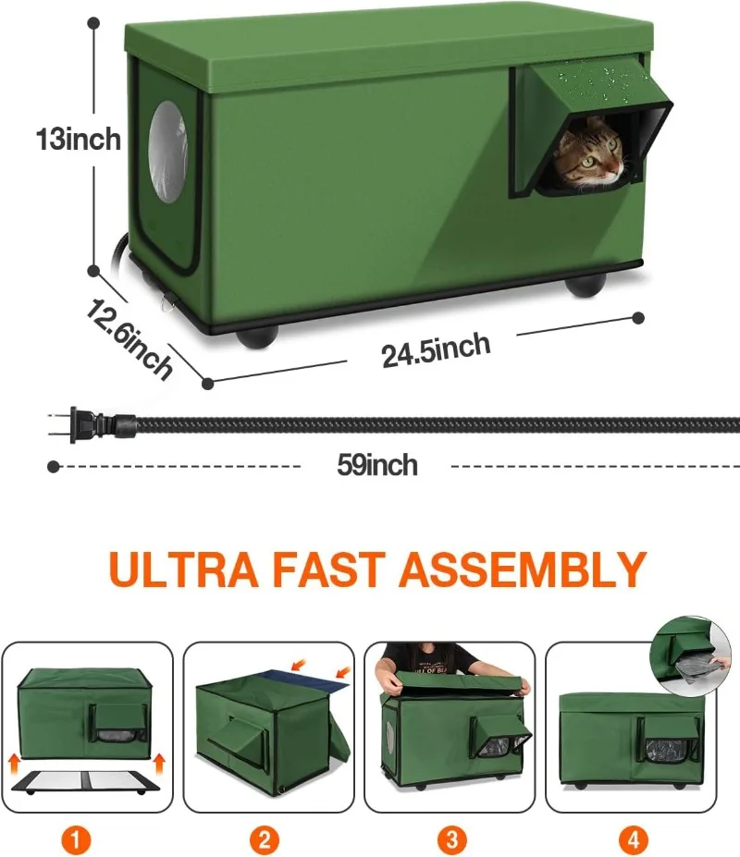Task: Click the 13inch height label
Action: (x=79, y=140)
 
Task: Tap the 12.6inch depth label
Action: (x=129, y=338)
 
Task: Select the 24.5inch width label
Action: (x=436, y=349)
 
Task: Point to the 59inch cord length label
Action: (x=376, y=465)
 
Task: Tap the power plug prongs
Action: (x=61, y=424)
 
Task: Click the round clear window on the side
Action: (x=168, y=152)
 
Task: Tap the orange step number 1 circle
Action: (x=76, y=839)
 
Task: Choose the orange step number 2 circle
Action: (x=265, y=839)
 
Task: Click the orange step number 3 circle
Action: (x=451, y=839)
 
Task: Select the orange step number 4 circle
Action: (x=634, y=839)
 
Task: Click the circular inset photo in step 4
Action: (x=690, y=655)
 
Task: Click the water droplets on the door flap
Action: (x=594, y=82)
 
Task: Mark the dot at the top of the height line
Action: (x=94, y=23)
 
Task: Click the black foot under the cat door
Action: (x=586, y=286)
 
